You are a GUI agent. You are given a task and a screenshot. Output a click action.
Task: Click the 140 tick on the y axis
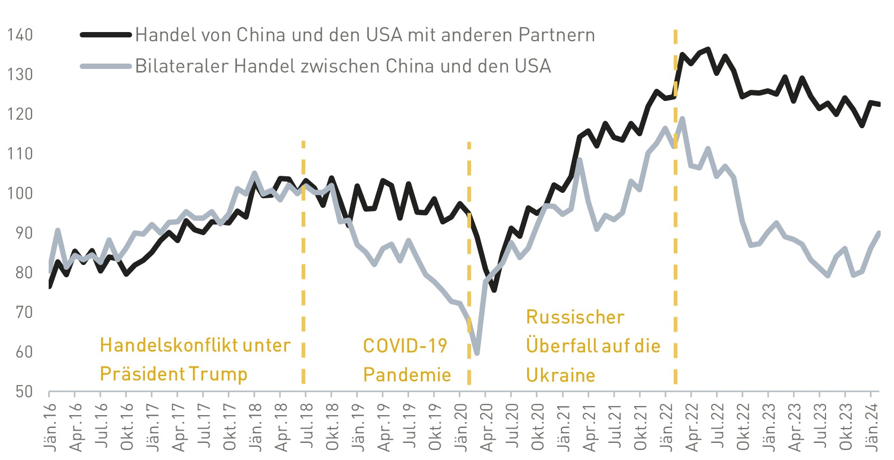point(20,35)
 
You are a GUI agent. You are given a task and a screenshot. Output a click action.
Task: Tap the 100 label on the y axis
point(20,193)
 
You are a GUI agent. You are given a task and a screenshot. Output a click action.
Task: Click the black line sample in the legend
point(106,35)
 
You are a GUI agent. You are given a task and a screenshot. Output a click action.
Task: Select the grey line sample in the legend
point(106,66)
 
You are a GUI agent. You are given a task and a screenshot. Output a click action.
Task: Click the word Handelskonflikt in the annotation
point(168,345)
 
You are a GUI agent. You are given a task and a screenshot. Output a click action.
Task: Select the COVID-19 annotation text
point(405,346)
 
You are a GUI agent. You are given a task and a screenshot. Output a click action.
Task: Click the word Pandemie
point(407,375)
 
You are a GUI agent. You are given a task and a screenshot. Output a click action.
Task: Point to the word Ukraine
point(560,375)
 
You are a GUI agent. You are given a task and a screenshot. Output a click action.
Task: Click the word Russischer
point(575,317)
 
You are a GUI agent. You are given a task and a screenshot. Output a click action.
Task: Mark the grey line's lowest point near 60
point(476,353)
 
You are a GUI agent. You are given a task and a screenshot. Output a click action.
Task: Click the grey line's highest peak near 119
point(683,119)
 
